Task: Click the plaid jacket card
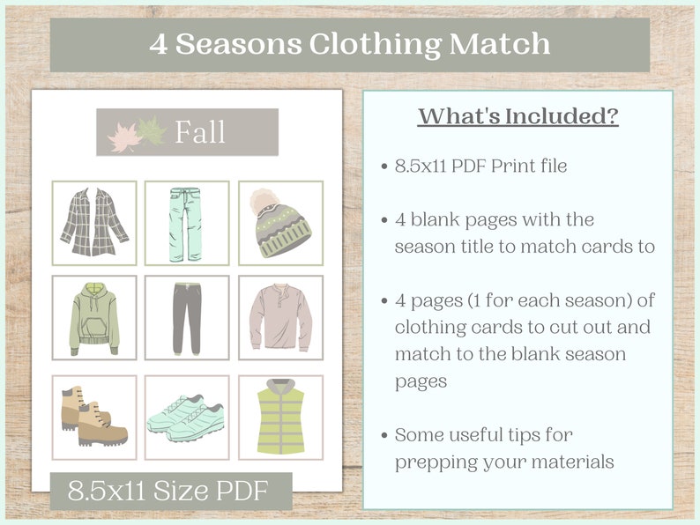(x=94, y=222)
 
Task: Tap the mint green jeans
(x=187, y=222)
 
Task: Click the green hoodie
(x=94, y=317)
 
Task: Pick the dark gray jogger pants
(x=187, y=317)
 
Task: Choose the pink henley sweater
(x=280, y=317)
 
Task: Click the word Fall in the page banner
(x=199, y=133)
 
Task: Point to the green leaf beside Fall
(x=151, y=131)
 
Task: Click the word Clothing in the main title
(x=354, y=44)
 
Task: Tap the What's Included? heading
(x=518, y=117)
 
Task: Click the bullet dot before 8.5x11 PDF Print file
(x=384, y=166)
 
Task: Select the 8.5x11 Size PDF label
(x=171, y=491)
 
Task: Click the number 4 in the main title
(x=158, y=45)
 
